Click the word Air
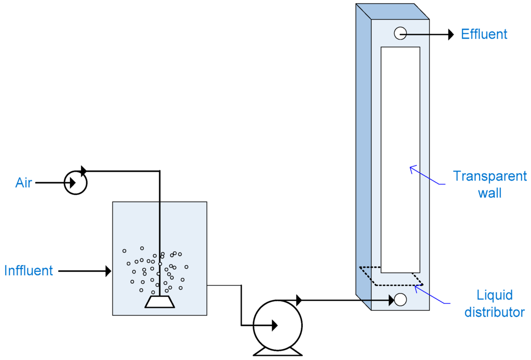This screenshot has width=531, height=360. coord(24,183)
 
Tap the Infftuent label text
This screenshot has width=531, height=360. coord(29,271)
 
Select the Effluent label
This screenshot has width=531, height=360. coord(484,34)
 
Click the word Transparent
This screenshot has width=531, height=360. coord(490,176)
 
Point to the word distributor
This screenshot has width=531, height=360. coord(494,312)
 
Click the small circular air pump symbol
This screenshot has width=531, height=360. coord(76,183)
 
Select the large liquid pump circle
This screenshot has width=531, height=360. coord(277,325)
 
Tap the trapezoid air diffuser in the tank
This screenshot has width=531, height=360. coord(160,301)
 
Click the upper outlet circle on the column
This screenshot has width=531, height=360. coord(400,33)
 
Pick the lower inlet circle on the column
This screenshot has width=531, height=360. coord(400,299)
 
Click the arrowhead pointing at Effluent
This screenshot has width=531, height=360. coord(451,34)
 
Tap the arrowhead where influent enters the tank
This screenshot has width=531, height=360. coord(108,271)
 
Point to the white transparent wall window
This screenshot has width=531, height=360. coord(400,156)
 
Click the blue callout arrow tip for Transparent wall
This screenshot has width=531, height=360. coord(411,168)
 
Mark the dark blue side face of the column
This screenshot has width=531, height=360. coord(364,156)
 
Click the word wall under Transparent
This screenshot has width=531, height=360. coord(490,193)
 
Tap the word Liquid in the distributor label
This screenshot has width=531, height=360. coord(495,295)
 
